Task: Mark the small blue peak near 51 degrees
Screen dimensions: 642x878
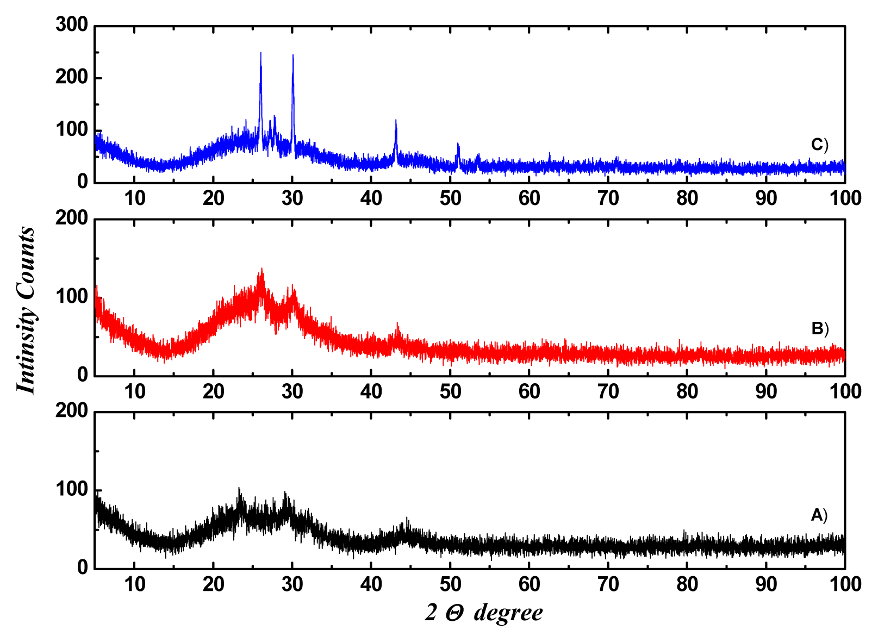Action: coord(458,145)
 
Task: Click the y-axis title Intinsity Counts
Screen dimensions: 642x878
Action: coord(26,310)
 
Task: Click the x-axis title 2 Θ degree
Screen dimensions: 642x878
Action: coord(484,613)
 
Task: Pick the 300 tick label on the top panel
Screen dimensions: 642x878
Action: coord(71,24)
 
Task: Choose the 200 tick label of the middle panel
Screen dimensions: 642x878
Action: coord(71,218)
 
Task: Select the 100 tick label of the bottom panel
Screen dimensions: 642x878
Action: coord(71,489)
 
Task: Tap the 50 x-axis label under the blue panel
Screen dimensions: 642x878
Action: coord(450,198)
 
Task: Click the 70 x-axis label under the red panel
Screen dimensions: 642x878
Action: coord(608,391)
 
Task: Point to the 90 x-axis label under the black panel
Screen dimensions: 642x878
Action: coord(766,584)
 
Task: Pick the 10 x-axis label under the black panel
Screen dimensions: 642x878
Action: coord(134,584)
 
